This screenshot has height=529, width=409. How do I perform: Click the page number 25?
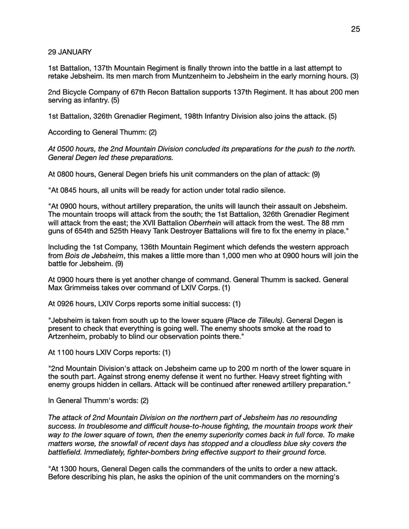click(355, 29)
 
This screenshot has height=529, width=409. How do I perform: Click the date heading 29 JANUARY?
click(70, 52)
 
